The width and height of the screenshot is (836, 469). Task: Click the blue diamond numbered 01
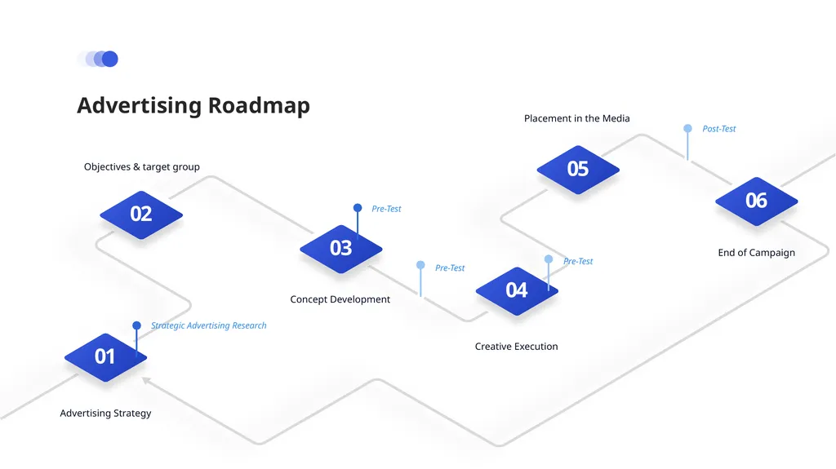tap(105, 357)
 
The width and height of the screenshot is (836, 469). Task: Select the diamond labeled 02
tap(141, 215)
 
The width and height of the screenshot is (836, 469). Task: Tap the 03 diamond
tap(341, 249)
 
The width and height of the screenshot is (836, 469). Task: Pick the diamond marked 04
tap(517, 291)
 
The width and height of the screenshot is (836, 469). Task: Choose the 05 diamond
tap(578, 170)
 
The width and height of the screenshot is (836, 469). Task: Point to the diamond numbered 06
tap(757, 201)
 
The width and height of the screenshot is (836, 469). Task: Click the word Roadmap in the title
tap(259, 105)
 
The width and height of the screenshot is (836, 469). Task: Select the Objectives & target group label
tap(142, 167)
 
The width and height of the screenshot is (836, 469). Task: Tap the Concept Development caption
tap(340, 299)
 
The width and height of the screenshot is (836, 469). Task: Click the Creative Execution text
tap(516, 347)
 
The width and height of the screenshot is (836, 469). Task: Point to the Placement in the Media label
tap(577, 118)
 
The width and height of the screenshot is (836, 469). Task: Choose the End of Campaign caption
tap(757, 253)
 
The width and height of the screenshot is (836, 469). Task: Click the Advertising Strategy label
tap(105, 413)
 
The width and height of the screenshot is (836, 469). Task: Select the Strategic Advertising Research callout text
tap(208, 325)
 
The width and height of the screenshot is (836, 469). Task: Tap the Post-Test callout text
tap(718, 128)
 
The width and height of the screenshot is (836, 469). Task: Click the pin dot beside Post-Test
tap(687, 128)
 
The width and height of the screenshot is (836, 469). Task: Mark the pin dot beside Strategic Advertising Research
tap(136, 325)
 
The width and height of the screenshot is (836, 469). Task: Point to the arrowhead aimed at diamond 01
tap(146, 380)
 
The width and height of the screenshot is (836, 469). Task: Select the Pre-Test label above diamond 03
tap(386, 209)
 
